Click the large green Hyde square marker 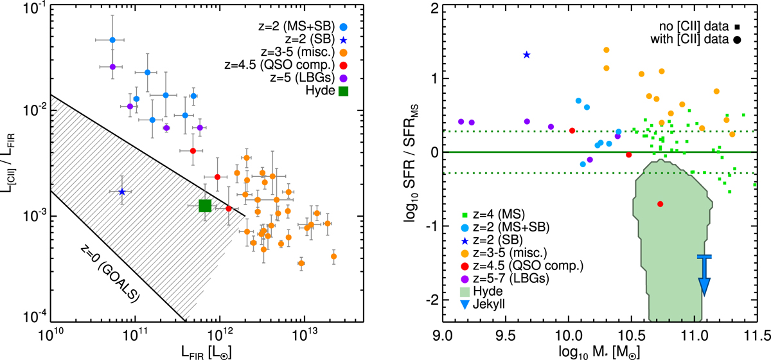[x=205, y=206]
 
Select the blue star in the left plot [x=122, y=192]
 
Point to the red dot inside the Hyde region [x=660, y=204]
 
